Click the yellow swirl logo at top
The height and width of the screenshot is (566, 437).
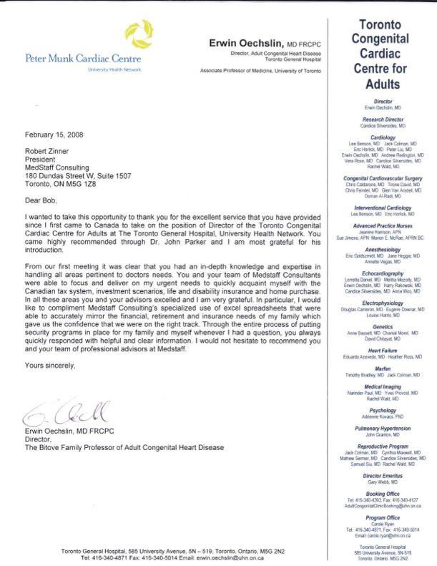point(137,34)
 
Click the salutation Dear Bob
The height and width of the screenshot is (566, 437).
point(41,182)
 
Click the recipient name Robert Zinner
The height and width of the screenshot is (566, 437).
point(50,152)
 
